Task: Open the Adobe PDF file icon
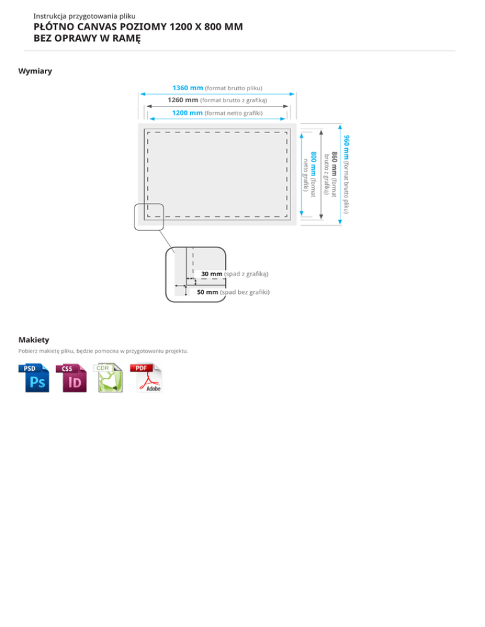(x=147, y=378)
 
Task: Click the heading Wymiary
(x=35, y=71)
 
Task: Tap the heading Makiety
(x=33, y=339)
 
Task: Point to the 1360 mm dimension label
(x=188, y=88)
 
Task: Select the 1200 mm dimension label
(x=188, y=113)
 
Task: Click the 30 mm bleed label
(x=212, y=274)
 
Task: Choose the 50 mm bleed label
(x=208, y=292)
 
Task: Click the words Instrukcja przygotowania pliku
(x=85, y=16)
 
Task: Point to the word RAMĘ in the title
(x=125, y=38)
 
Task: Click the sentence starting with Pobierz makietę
(x=104, y=351)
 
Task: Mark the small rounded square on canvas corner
(x=149, y=216)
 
